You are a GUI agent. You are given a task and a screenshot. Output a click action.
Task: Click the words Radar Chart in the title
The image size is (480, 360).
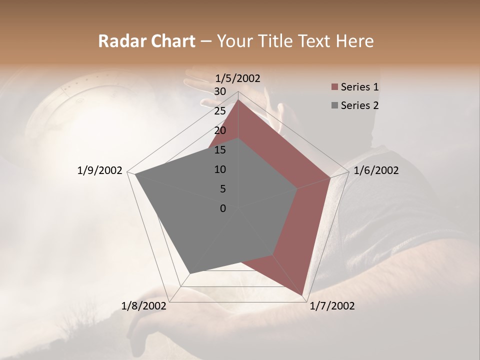[146, 41]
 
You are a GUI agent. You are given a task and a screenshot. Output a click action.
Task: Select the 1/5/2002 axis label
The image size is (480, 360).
[238, 78]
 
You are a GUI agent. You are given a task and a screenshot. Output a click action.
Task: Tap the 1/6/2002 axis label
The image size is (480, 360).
[376, 170]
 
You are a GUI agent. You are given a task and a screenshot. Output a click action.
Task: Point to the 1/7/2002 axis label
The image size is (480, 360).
[332, 306]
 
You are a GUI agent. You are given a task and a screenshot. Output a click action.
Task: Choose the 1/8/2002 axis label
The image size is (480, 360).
[144, 306]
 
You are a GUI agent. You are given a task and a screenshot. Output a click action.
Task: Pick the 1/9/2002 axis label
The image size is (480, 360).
[100, 170]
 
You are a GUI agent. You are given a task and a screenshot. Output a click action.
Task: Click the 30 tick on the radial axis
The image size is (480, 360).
[219, 91]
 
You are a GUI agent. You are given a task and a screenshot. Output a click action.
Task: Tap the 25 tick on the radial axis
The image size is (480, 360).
[219, 111]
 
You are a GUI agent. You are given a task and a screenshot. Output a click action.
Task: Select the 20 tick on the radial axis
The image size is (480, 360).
[219, 130]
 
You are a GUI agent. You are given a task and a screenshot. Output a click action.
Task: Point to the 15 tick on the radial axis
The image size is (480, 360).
[219, 150]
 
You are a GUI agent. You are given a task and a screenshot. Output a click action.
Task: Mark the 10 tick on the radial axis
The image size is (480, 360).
[219, 169]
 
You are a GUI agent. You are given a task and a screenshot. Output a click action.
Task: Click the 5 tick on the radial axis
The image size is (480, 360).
[222, 189]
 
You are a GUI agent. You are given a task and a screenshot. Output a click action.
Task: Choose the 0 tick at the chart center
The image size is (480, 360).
[223, 208]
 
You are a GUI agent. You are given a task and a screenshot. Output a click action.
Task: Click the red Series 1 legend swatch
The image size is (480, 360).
[334, 87]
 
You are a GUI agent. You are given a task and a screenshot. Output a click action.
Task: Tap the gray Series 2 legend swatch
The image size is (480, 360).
[334, 105]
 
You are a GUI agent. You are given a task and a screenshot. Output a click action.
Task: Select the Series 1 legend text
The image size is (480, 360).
[359, 87]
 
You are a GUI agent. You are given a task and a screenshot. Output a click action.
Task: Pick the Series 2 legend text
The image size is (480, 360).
[359, 105]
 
